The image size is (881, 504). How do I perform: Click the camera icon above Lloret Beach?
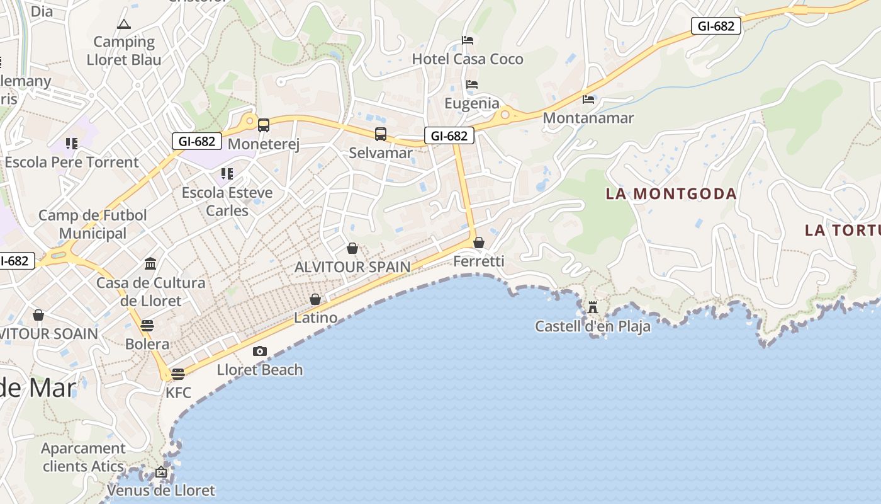[x=259, y=352]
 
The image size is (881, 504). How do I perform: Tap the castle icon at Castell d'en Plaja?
[x=592, y=307]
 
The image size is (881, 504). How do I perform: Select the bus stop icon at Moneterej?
[x=264, y=125]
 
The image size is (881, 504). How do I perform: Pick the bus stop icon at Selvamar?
[x=381, y=134]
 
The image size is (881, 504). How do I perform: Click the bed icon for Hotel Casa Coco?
[x=468, y=40]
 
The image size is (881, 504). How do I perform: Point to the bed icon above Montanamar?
[x=588, y=99]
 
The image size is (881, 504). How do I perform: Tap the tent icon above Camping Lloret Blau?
[x=123, y=25]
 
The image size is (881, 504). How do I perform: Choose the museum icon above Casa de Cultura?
[x=150, y=263]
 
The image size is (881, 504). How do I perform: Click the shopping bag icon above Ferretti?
[x=479, y=243]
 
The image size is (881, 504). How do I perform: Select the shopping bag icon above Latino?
[x=315, y=299]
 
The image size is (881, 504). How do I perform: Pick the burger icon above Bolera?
[x=147, y=326]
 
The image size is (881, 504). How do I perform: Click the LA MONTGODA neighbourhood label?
[x=671, y=193]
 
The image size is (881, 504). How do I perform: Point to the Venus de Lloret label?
[x=161, y=490]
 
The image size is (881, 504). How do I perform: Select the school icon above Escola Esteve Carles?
[x=227, y=173]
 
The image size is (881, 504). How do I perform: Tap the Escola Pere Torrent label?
[x=72, y=162]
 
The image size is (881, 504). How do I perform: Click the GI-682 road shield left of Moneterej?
[x=197, y=141]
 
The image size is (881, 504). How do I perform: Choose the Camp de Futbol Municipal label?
[x=93, y=224]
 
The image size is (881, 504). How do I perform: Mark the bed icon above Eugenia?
[x=472, y=84]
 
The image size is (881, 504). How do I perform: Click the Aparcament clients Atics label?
[x=83, y=457]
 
